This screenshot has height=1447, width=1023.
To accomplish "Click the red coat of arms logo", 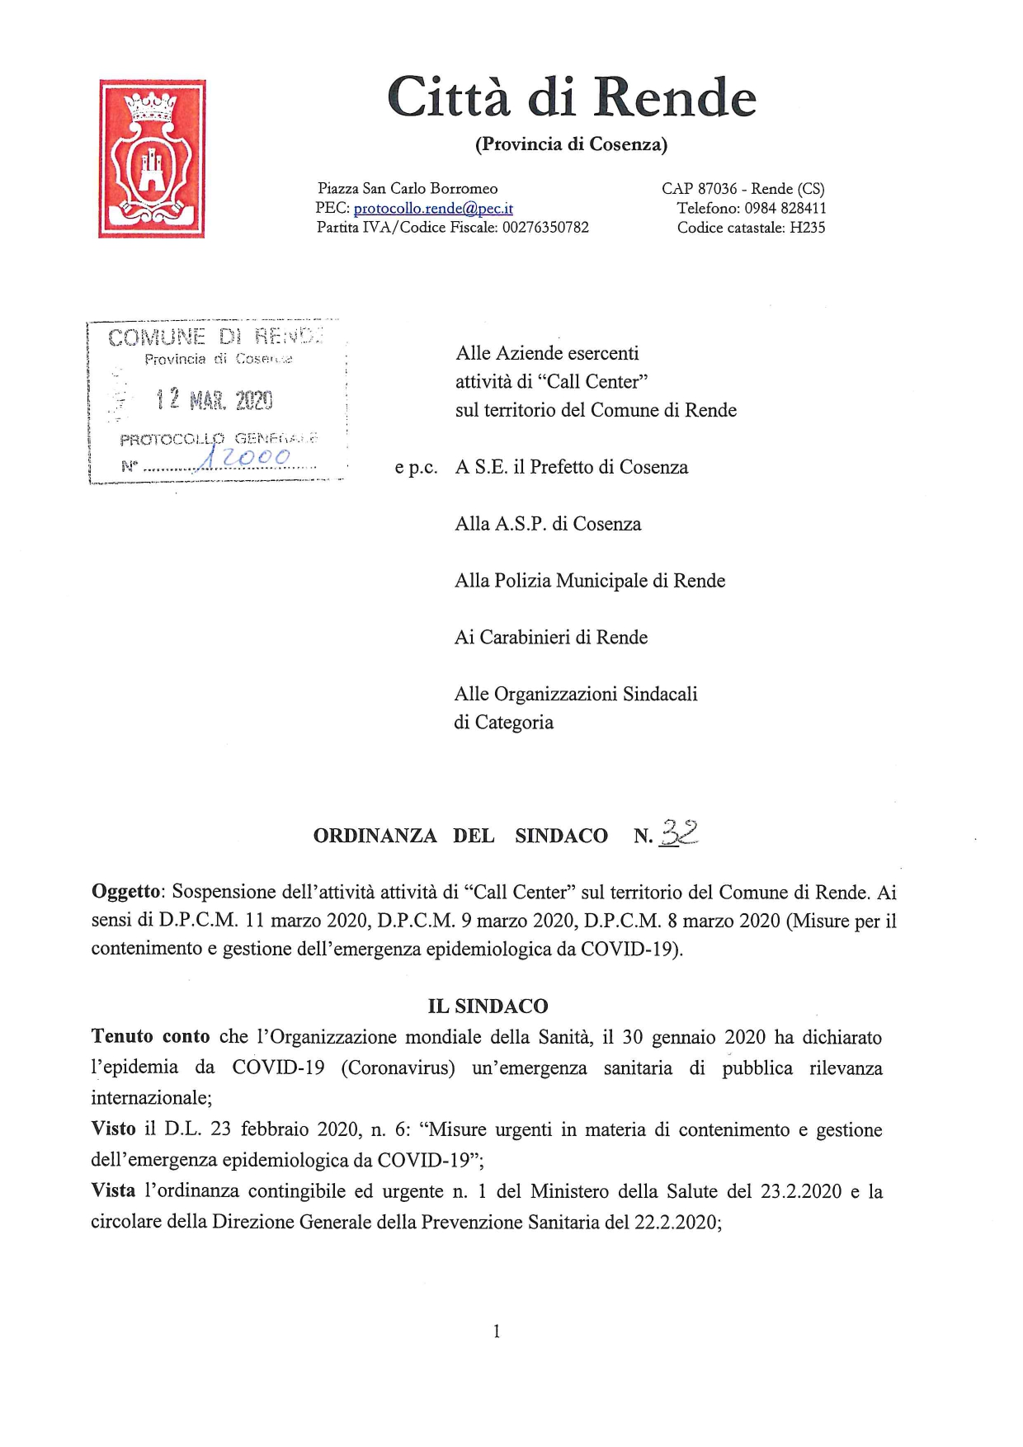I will pos(152,158).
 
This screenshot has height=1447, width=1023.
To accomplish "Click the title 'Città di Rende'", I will pos(571,97).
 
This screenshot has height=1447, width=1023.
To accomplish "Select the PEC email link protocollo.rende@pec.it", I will pos(433,209).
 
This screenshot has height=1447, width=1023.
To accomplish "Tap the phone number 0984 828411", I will pos(785,209).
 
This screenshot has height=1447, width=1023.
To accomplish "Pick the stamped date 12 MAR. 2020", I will pos(214,401).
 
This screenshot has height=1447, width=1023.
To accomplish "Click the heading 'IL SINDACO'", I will pos(488,1006).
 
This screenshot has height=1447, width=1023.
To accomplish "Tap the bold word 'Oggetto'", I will pos(129,892).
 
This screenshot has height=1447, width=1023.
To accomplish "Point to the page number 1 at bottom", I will pos(496,1331).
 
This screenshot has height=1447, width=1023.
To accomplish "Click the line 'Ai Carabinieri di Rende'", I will pos(551,637).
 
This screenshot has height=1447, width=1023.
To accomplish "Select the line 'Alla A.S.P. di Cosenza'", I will pos(548,524).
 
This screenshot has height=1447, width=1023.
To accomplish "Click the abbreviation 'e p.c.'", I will pos(416,468).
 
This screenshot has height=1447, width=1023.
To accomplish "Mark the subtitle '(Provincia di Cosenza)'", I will pos(571,144).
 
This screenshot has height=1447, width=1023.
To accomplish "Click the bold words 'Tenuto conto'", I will pos(150,1037).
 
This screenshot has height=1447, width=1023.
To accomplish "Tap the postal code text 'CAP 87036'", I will pos(699,189).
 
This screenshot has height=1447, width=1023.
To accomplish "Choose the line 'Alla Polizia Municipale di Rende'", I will pos(590,581).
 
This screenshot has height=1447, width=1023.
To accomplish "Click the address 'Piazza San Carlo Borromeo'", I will pos(408,189).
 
